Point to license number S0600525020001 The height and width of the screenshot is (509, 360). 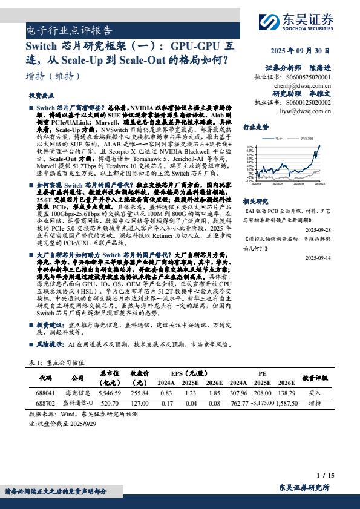click(309, 77)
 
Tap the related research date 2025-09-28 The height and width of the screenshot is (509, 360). click(318, 231)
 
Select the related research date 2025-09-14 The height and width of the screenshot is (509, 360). click(318, 257)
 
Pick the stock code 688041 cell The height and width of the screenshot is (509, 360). click(45, 392)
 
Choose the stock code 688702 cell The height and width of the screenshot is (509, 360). click(45, 402)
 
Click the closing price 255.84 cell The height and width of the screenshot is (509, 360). click(139, 392)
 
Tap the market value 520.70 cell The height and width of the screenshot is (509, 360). click(110, 402)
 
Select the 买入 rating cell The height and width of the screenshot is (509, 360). click(315, 392)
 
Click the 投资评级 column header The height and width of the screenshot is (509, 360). click(315, 377)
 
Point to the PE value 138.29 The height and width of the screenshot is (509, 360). click(286, 392)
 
